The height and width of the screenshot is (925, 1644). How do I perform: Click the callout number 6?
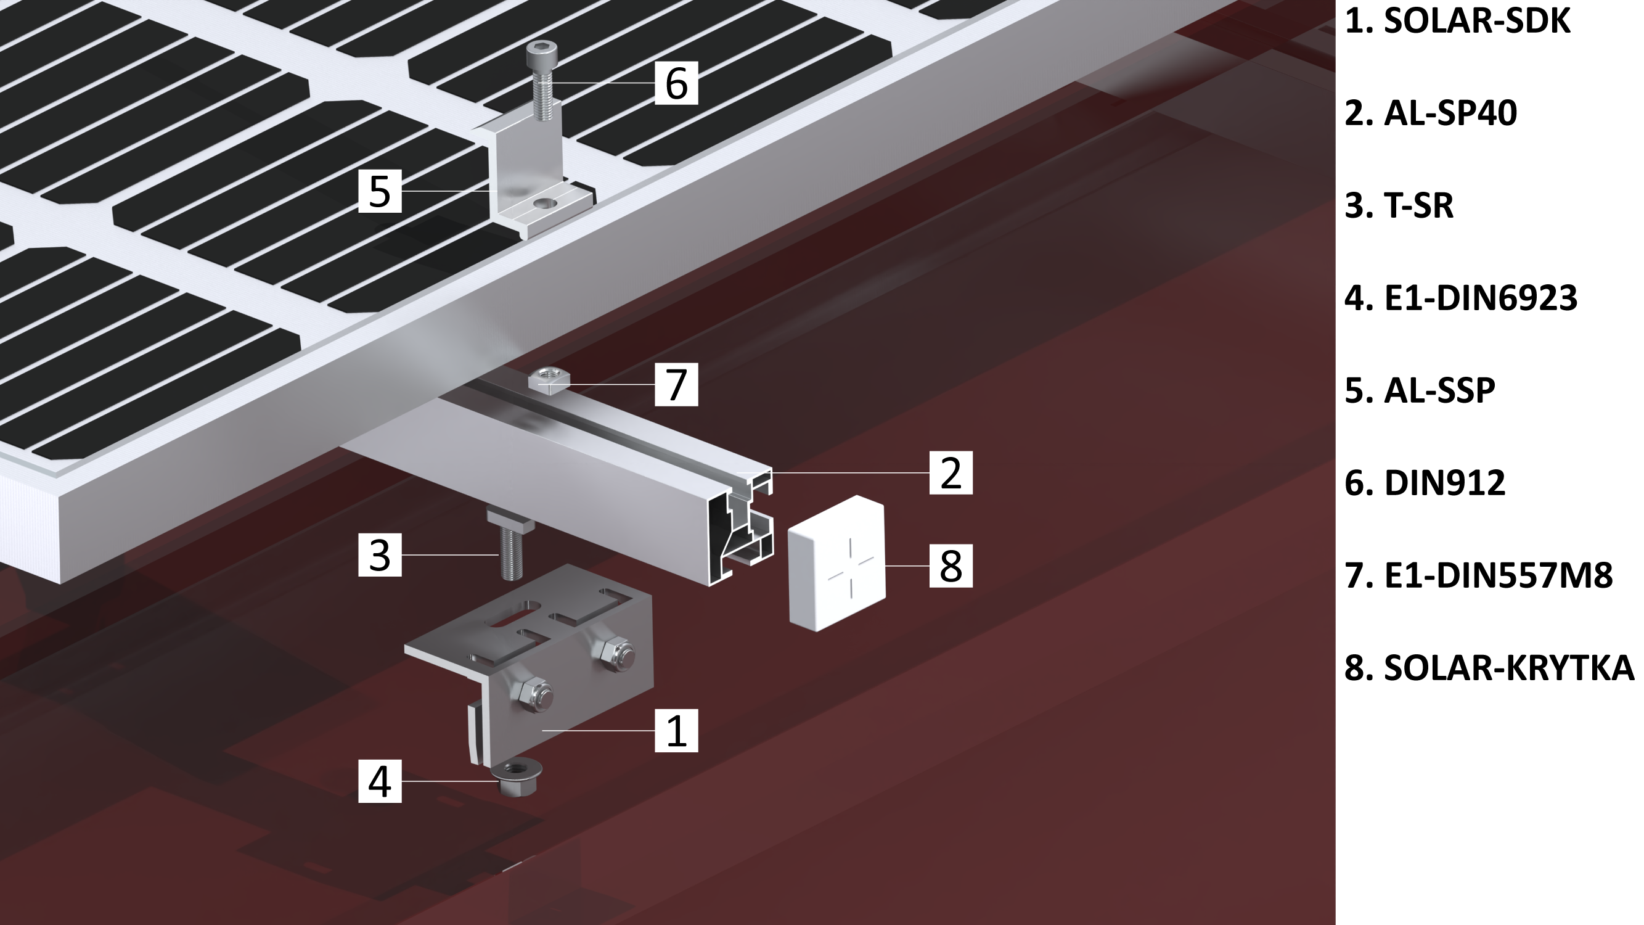point(676,83)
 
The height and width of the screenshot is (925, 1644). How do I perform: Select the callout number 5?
point(380,191)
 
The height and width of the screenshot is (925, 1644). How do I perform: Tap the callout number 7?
point(676,384)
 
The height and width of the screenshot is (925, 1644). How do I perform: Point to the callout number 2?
point(951,472)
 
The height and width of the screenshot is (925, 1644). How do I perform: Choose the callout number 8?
point(951,565)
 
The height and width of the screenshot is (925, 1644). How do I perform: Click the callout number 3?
point(380,555)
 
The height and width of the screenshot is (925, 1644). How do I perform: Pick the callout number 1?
point(676,730)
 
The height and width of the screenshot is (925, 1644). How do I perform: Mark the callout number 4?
point(380,781)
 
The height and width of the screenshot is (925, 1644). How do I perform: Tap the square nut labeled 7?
point(544,381)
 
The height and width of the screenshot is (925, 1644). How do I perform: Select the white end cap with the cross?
point(836,565)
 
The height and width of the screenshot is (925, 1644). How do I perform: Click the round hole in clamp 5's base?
point(544,203)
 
